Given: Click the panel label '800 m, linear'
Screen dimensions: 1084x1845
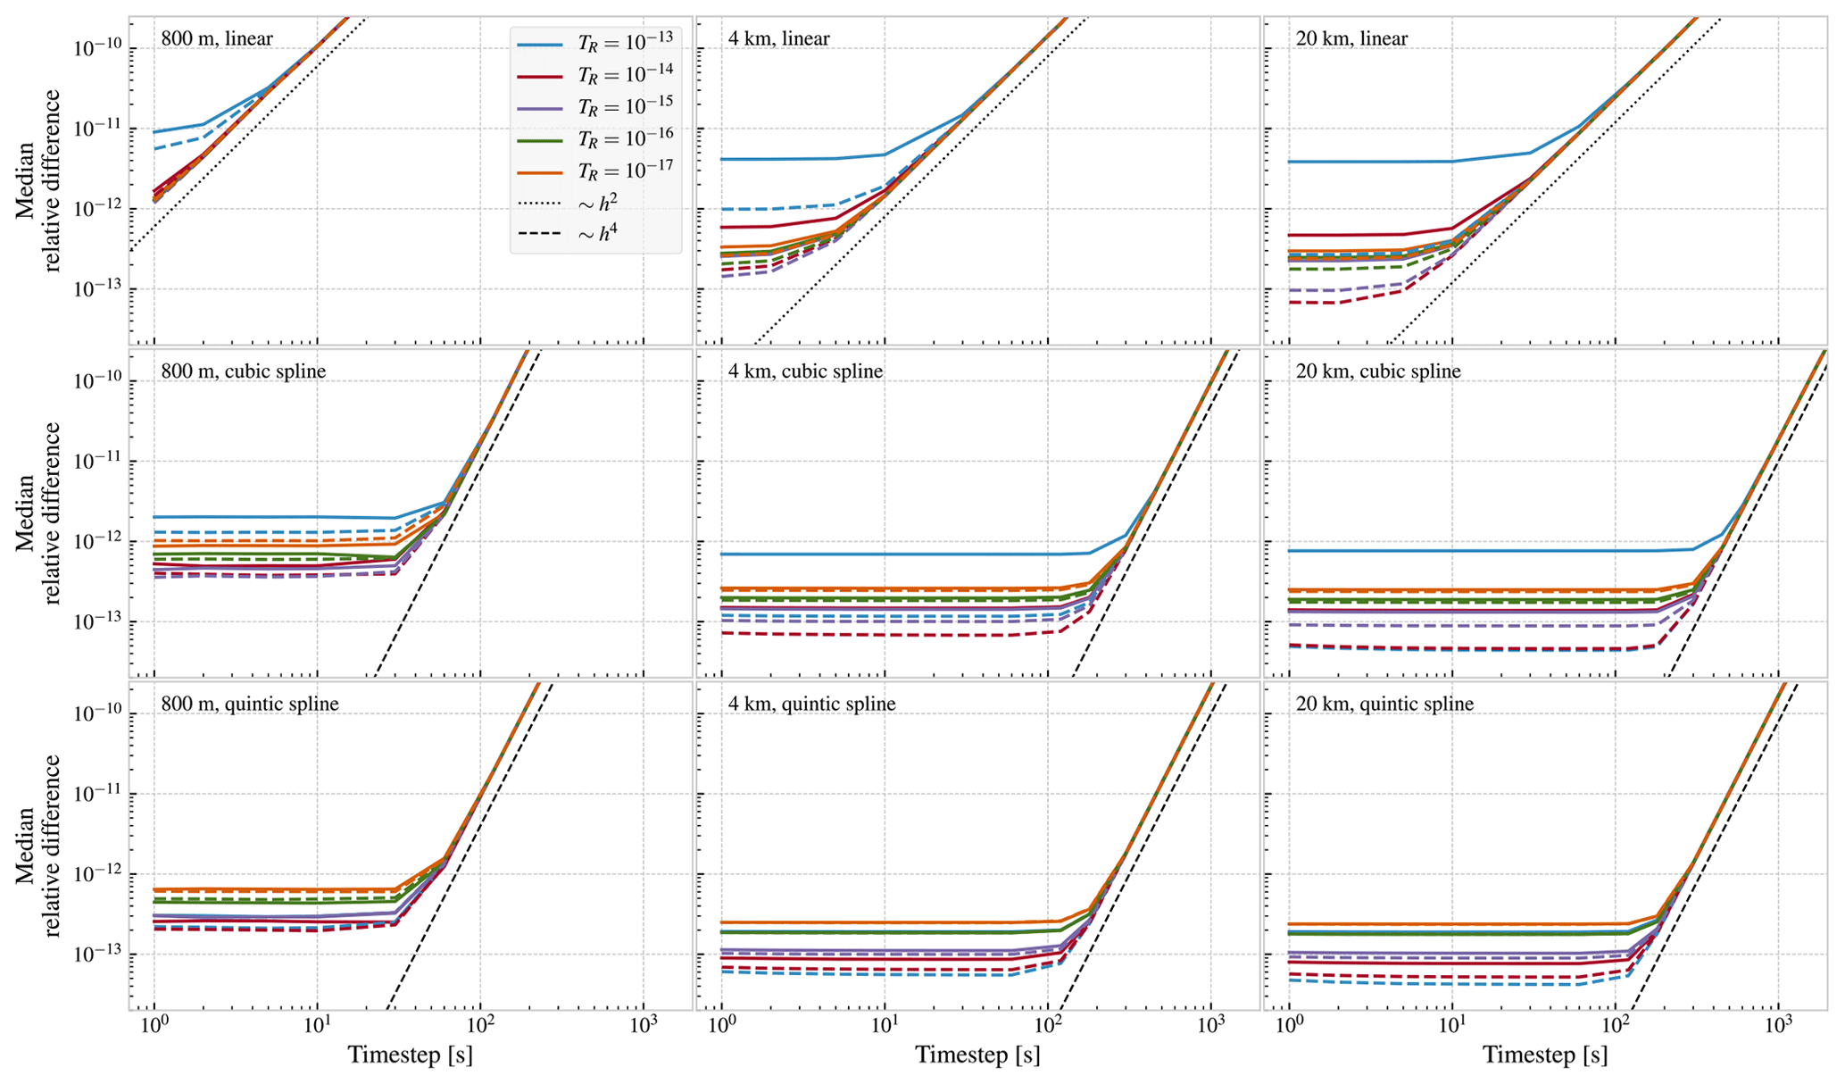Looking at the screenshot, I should coord(217,38).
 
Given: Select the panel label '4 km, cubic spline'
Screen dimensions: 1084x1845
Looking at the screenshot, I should coord(805,371).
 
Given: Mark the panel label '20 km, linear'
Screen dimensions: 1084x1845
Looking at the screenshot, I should coord(1351,38).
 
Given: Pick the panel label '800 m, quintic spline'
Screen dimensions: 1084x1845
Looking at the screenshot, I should coord(250,704).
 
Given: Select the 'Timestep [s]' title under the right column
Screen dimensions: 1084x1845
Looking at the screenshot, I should coord(1545,1055).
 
